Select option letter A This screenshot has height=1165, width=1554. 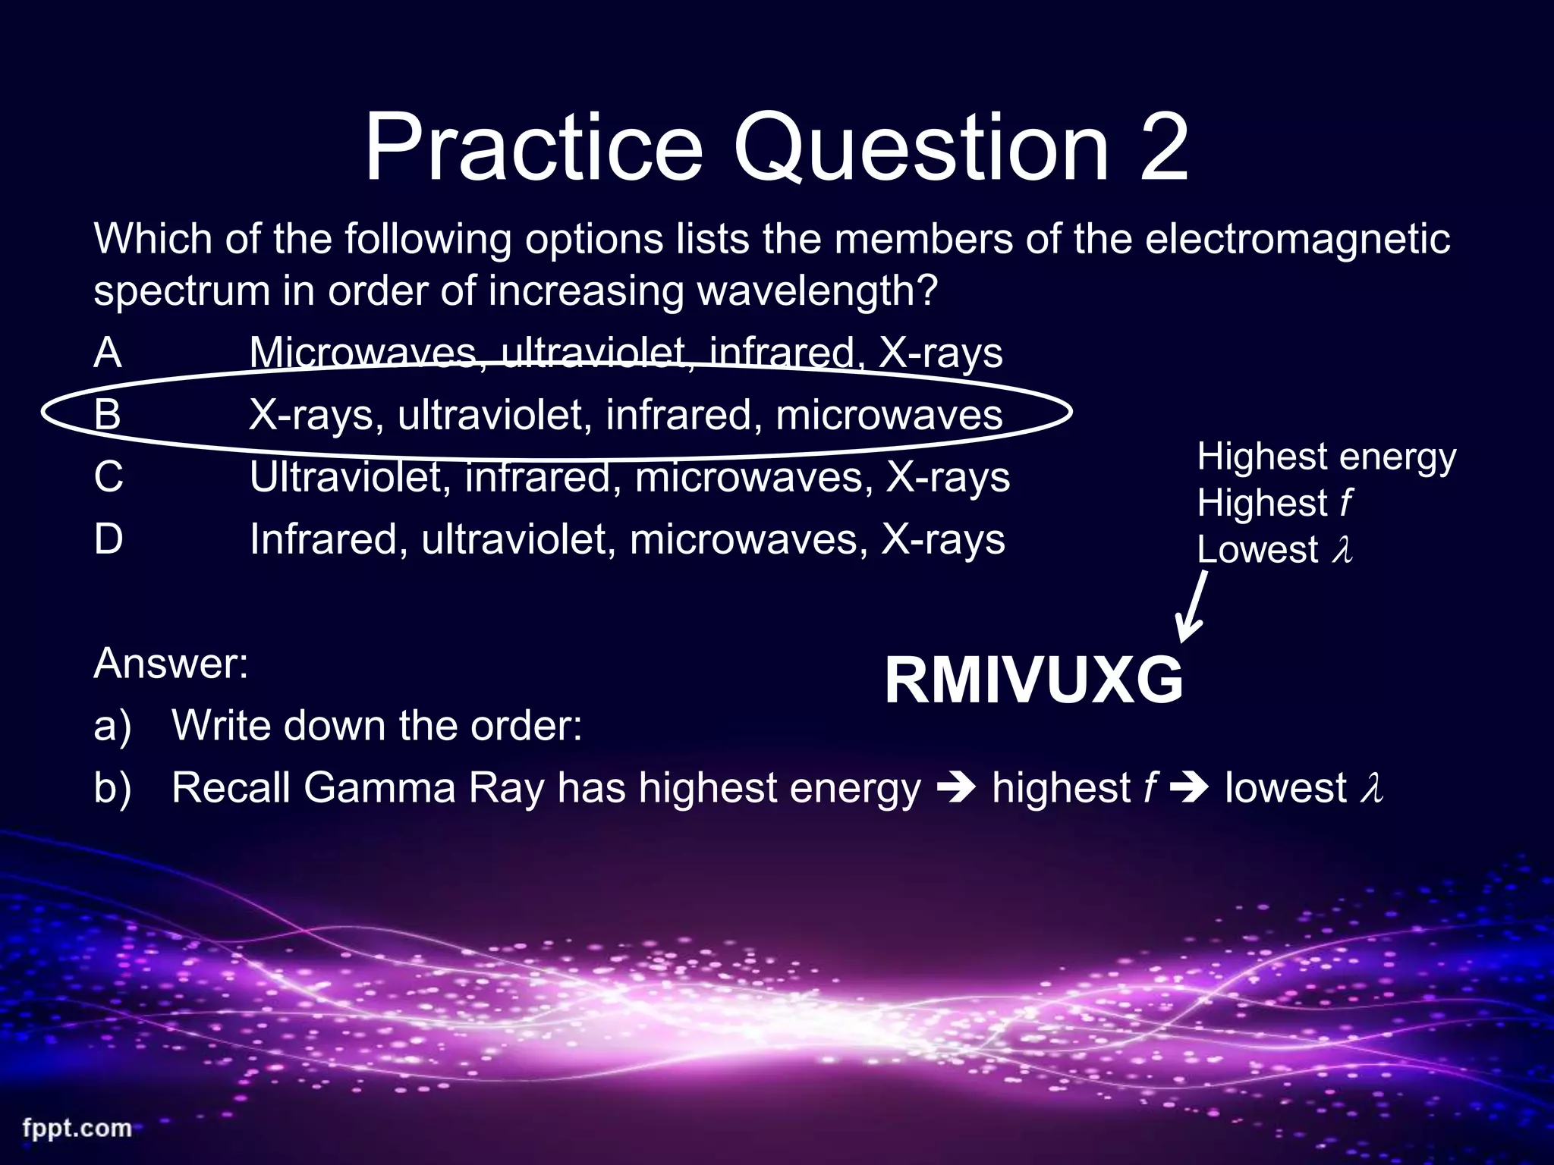[108, 353]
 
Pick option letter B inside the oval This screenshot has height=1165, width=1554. [108, 415]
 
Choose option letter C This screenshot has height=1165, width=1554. [109, 477]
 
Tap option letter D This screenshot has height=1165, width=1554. [109, 539]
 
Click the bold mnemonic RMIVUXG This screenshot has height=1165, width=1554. [1033, 681]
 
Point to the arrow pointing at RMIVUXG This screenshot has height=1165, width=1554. [1192, 607]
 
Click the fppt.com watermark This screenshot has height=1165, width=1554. [77, 1128]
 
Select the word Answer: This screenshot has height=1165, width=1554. [171, 663]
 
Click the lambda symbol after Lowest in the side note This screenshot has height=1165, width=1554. [1342, 550]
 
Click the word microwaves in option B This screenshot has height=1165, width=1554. [889, 415]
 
